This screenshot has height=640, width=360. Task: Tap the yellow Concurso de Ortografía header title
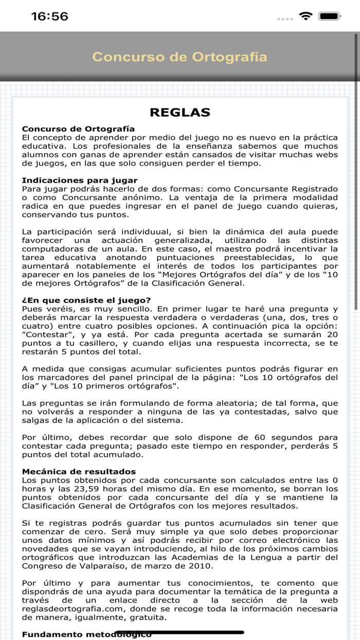[179, 57]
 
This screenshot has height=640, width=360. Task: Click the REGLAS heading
[179, 113]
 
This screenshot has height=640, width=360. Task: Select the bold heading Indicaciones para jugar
[80, 180]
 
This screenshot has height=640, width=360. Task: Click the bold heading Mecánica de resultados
[79, 471]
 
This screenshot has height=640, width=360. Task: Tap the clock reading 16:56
[50, 16]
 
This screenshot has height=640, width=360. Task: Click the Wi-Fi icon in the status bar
[306, 16]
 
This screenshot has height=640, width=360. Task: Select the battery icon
[330, 16]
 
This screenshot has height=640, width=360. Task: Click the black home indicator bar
[179, 632]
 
